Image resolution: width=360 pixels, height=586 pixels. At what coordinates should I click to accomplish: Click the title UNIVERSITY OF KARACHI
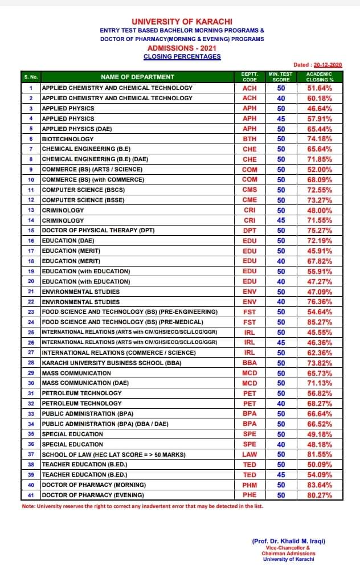[x=182, y=21]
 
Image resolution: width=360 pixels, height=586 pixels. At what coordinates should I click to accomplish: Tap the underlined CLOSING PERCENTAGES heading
[x=182, y=56]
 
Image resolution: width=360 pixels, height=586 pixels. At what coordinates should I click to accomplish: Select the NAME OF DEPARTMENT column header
[x=138, y=77]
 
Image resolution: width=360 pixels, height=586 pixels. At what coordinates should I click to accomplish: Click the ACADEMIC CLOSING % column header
[x=320, y=77]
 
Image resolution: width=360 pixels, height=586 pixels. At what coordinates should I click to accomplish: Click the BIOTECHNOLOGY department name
[x=68, y=139]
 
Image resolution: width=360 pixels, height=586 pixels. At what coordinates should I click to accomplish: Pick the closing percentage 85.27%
[x=320, y=322]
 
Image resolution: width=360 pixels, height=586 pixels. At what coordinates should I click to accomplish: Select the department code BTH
[x=249, y=139]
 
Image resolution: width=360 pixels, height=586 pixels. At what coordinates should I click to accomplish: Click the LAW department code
[x=249, y=454]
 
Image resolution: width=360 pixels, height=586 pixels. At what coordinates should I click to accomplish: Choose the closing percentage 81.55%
[x=320, y=454]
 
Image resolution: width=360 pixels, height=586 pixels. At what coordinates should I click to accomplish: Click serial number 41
[x=31, y=495]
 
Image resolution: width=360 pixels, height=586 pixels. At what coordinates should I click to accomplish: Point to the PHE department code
[x=249, y=495]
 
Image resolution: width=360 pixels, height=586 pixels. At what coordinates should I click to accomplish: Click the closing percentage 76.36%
[x=320, y=301]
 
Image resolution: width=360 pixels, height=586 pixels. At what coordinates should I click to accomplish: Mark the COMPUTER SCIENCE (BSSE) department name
[x=83, y=200]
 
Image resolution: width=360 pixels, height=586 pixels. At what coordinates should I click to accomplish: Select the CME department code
[x=249, y=200]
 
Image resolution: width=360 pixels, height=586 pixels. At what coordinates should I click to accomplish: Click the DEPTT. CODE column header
[x=249, y=77]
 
